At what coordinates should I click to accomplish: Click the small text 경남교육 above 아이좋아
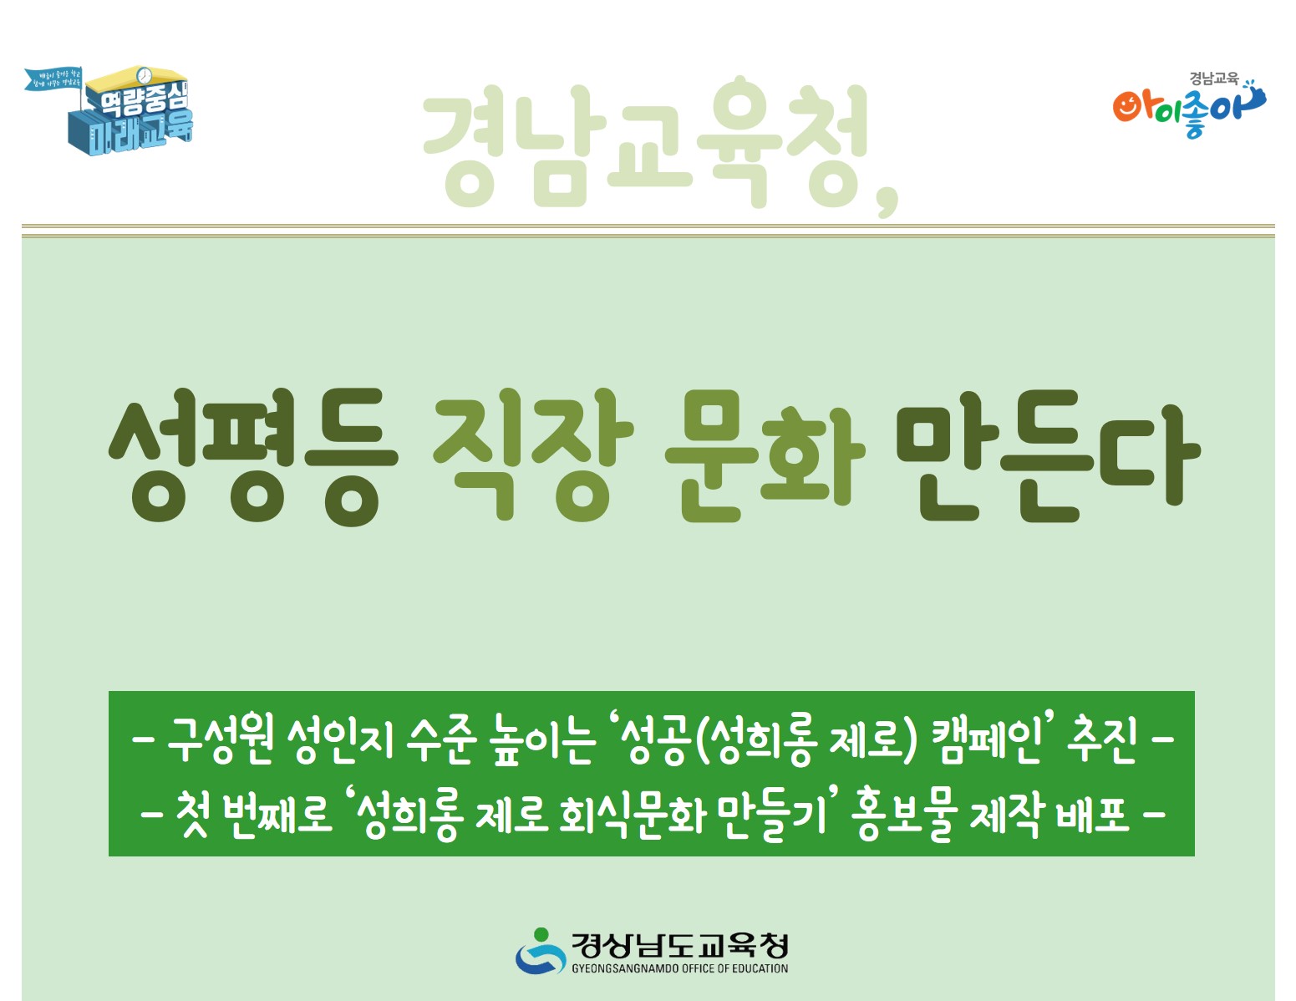coord(1214,79)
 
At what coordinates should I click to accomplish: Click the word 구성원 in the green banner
coord(220,739)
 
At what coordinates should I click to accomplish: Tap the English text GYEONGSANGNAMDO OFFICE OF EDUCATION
coord(679,969)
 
